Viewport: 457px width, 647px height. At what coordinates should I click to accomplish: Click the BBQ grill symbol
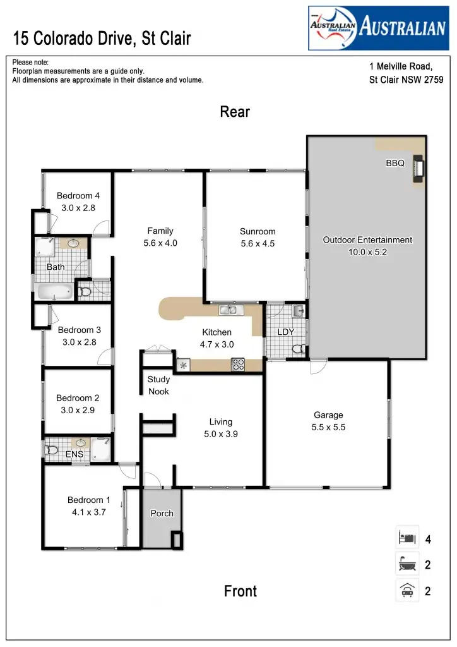[417, 169]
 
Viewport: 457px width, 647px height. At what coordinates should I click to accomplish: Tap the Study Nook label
[158, 385]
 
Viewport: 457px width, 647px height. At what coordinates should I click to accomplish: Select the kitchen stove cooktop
[239, 364]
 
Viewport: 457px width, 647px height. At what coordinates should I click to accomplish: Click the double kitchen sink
[228, 310]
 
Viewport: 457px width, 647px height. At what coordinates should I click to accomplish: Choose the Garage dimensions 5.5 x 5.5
[328, 427]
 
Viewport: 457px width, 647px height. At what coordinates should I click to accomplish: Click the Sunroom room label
[258, 231]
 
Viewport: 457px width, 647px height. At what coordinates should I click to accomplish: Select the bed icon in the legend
[407, 539]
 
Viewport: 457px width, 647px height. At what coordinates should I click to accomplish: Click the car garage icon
[407, 591]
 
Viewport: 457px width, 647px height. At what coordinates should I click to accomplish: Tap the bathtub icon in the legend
[407, 565]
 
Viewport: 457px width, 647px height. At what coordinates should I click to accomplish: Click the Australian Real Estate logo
[378, 28]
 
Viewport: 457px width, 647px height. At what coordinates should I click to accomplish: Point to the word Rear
[235, 112]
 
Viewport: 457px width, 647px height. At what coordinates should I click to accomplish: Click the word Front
[240, 591]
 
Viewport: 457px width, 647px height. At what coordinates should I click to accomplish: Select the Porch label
[162, 513]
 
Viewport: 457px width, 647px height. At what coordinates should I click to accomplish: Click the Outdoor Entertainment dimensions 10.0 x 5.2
[367, 251]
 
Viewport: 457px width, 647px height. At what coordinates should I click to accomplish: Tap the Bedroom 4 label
[78, 196]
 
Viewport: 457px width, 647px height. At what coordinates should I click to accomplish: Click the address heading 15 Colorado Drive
[102, 39]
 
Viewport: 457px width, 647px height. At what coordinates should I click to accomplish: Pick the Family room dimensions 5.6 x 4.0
[160, 243]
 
